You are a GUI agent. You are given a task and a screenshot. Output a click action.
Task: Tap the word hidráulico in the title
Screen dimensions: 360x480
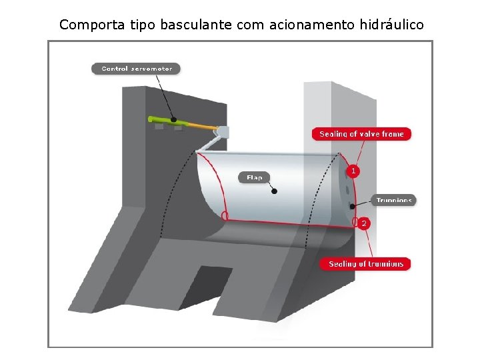pyautogui.click(x=391, y=25)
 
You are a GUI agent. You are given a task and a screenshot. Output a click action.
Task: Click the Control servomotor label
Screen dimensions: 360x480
pyautogui.click(x=136, y=68)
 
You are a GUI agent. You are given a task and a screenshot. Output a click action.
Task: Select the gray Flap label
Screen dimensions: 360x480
pyautogui.click(x=255, y=177)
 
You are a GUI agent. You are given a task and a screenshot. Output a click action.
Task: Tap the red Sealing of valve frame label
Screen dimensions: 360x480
pyautogui.click(x=361, y=134)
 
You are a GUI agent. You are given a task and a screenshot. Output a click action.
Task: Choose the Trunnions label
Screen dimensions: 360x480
pyautogui.click(x=394, y=200)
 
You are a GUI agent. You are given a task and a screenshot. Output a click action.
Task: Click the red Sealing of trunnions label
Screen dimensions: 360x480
pyautogui.click(x=366, y=264)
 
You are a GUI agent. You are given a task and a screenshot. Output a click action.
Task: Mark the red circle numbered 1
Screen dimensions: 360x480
pyautogui.click(x=353, y=171)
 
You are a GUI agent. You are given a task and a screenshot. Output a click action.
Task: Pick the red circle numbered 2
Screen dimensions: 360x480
pyautogui.click(x=363, y=224)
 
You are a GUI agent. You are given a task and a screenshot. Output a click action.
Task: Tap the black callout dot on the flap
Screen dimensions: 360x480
pyautogui.click(x=274, y=191)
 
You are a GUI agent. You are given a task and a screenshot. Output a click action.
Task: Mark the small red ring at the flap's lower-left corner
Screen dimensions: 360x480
pyautogui.click(x=225, y=216)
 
